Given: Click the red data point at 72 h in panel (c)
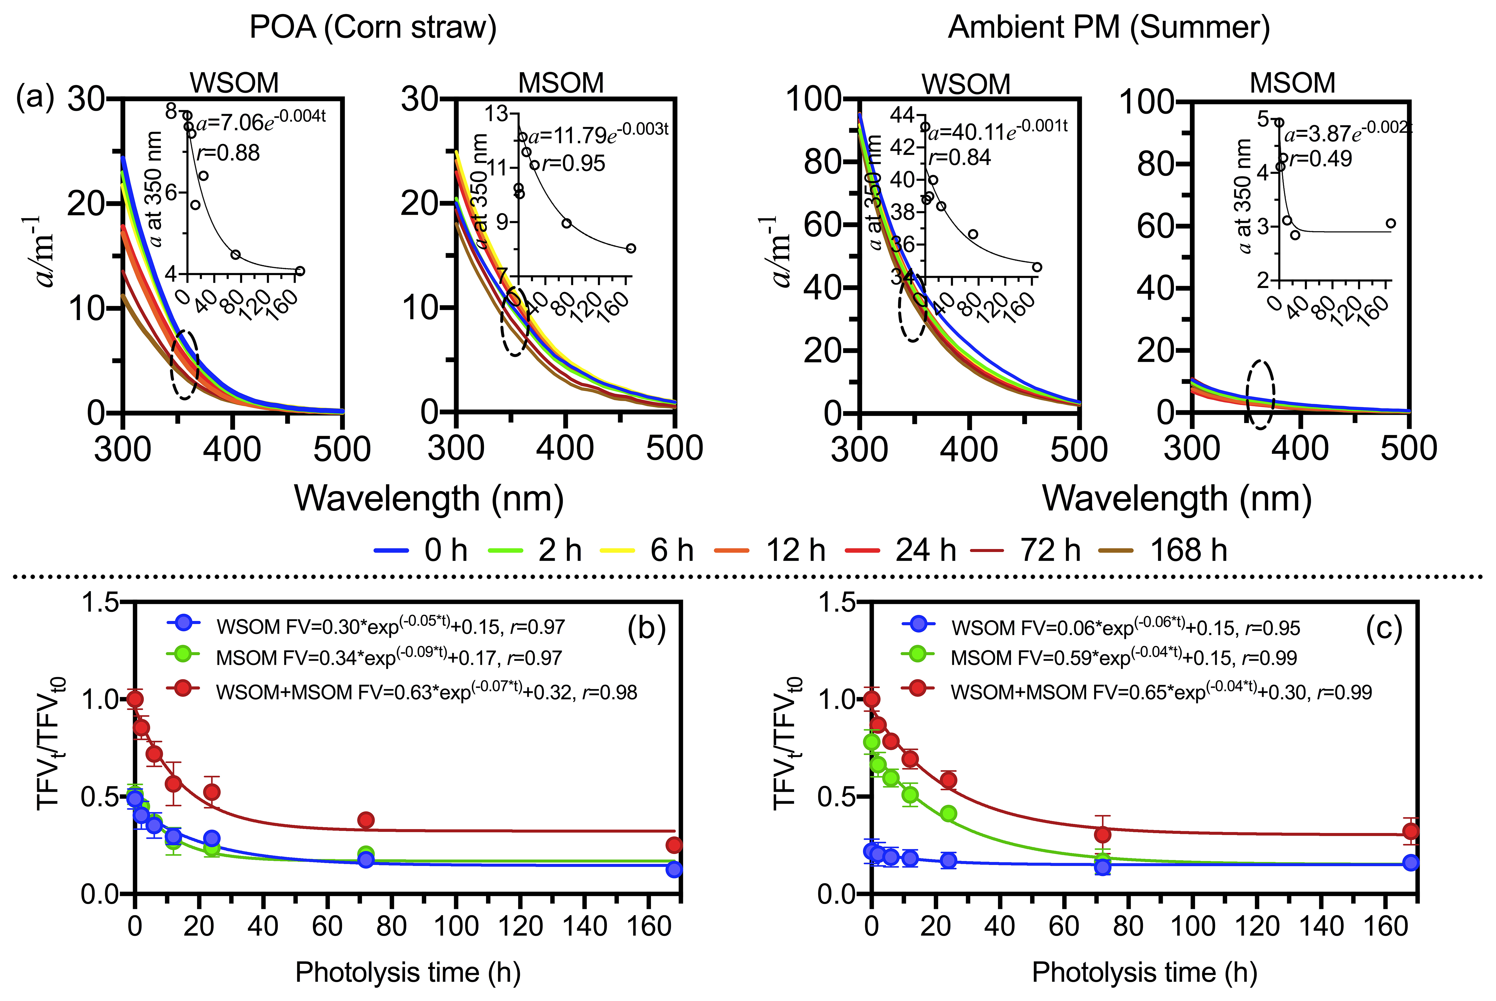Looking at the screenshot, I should click(1102, 834).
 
